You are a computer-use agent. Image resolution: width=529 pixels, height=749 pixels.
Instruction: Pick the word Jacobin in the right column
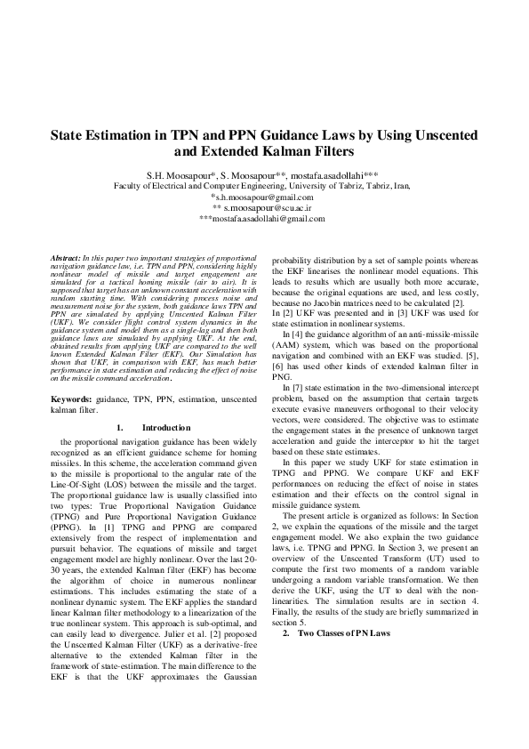tap(339, 303)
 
